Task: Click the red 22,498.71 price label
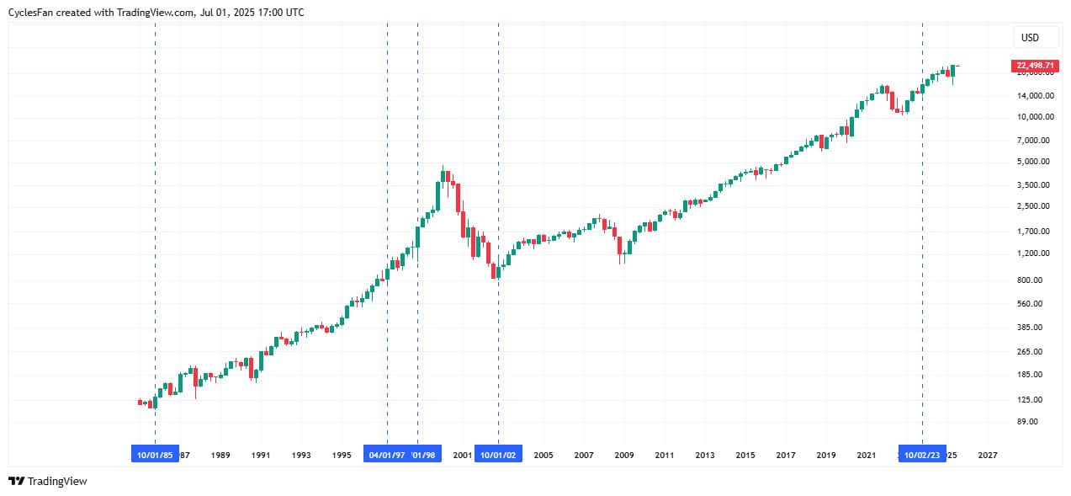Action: [x=1035, y=66]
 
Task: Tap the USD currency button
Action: [x=1030, y=37]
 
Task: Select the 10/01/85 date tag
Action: [x=155, y=455]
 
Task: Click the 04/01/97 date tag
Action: [x=386, y=455]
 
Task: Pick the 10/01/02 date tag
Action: [x=498, y=455]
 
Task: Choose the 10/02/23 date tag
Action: [x=922, y=455]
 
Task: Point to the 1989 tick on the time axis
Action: [x=220, y=456]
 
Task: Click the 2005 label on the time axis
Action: [x=543, y=456]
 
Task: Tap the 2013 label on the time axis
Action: [x=705, y=456]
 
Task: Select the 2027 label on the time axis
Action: [x=988, y=456]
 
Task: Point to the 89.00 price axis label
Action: [x=1030, y=422]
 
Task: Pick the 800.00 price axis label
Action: [x=1030, y=280]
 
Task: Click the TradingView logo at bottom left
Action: [x=48, y=481]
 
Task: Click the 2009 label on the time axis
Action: [x=624, y=456]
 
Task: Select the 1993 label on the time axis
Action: [x=301, y=456]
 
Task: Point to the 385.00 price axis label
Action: [x=1030, y=328]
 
